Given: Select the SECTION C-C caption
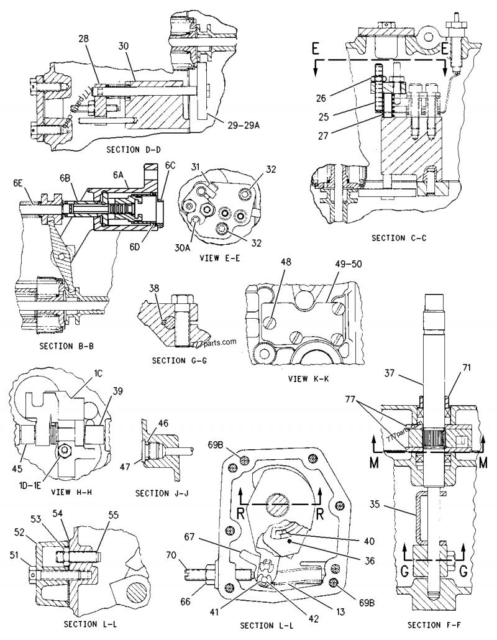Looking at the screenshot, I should tap(397, 238).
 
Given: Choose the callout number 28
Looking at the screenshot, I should tap(84, 39).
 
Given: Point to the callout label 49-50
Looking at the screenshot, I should tap(349, 263).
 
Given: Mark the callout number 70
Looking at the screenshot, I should tap(171, 555).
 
